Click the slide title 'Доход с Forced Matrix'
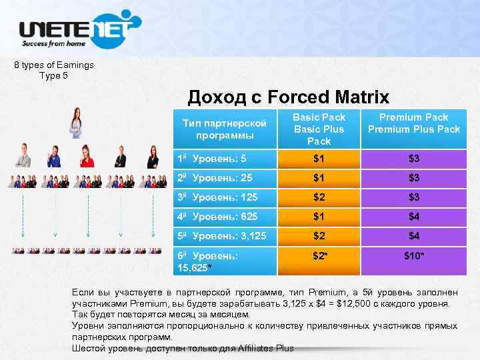coord(288,97)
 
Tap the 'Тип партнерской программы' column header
coord(225,129)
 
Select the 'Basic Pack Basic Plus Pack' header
coord(319,129)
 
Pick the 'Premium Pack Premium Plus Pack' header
coord(414,123)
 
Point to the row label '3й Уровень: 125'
coord(217,198)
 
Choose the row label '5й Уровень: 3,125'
coord(222,236)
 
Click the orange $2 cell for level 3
coord(319,198)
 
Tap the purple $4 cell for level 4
coord(414,217)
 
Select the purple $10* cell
coord(414,255)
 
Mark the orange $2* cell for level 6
coord(319,255)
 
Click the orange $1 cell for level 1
coord(319,159)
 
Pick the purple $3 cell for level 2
coord(414,178)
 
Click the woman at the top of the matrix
coord(76,124)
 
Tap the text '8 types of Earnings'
coord(54,65)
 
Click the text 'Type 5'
coord(54,75)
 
